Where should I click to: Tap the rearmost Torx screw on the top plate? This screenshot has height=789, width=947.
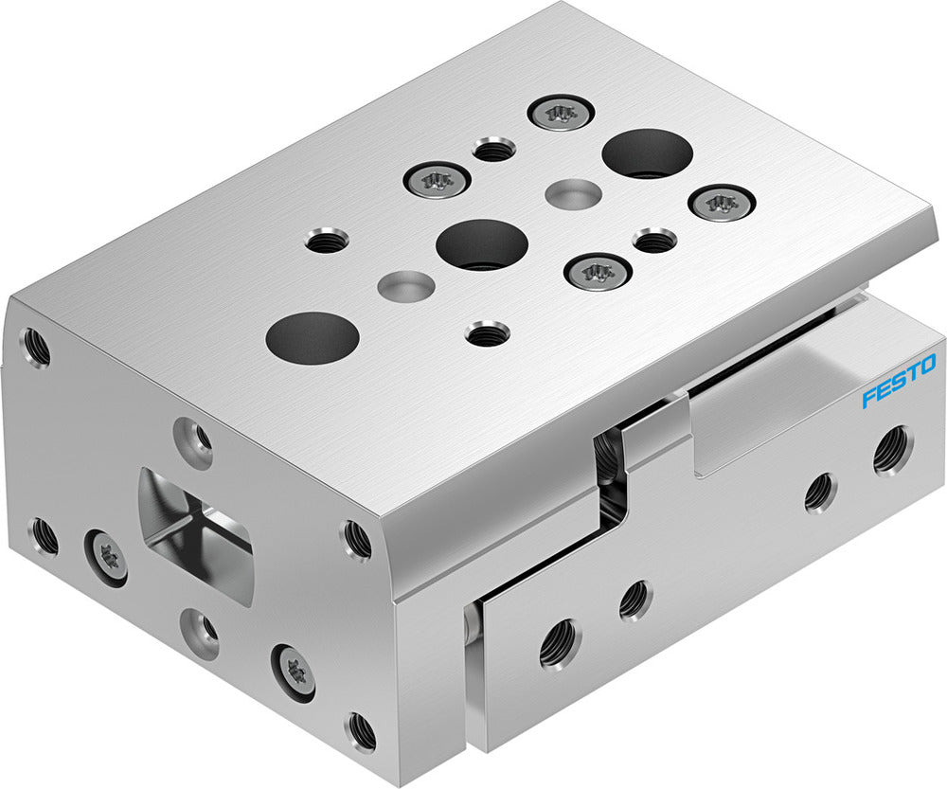(561, 113)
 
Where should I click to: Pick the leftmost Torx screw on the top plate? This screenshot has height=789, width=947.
(438, 178)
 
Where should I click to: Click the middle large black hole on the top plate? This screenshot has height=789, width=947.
(482, 243)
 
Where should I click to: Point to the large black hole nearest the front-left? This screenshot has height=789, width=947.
(312, 336)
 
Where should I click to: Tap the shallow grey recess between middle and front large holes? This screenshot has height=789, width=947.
(406, 283)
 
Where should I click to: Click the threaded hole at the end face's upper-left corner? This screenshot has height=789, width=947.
(36, 348)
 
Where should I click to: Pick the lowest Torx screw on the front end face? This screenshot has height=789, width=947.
(294, 672)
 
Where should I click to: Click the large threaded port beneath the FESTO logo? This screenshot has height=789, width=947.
(891, 450)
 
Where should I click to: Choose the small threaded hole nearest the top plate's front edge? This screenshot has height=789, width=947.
(488, 333)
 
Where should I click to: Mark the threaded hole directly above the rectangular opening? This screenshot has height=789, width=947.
(196, 439)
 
